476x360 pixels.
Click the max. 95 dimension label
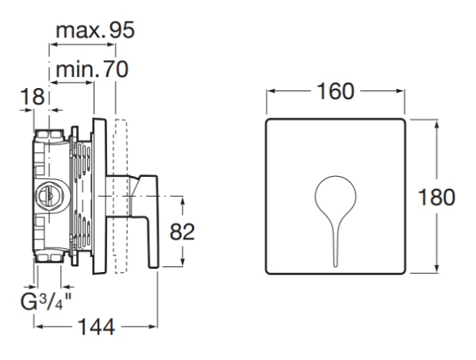coord(95,30)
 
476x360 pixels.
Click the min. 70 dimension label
coord(92,69)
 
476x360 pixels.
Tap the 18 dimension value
coord(33,97)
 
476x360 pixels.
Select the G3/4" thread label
coord(46,301)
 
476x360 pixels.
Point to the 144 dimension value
coord(97,327)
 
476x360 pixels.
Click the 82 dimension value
coord(182,232)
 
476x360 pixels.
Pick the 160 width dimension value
coord(336,91)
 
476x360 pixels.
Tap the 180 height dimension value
coord(436,197)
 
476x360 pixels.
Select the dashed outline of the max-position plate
coord(121,197)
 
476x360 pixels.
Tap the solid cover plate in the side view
coord(99,197)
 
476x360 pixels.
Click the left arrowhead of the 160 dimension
coord(271,91)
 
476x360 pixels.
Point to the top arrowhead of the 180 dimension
coord(436,124)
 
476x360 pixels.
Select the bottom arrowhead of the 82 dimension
coord(182,262)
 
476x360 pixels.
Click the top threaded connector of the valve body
coord(48,135)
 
